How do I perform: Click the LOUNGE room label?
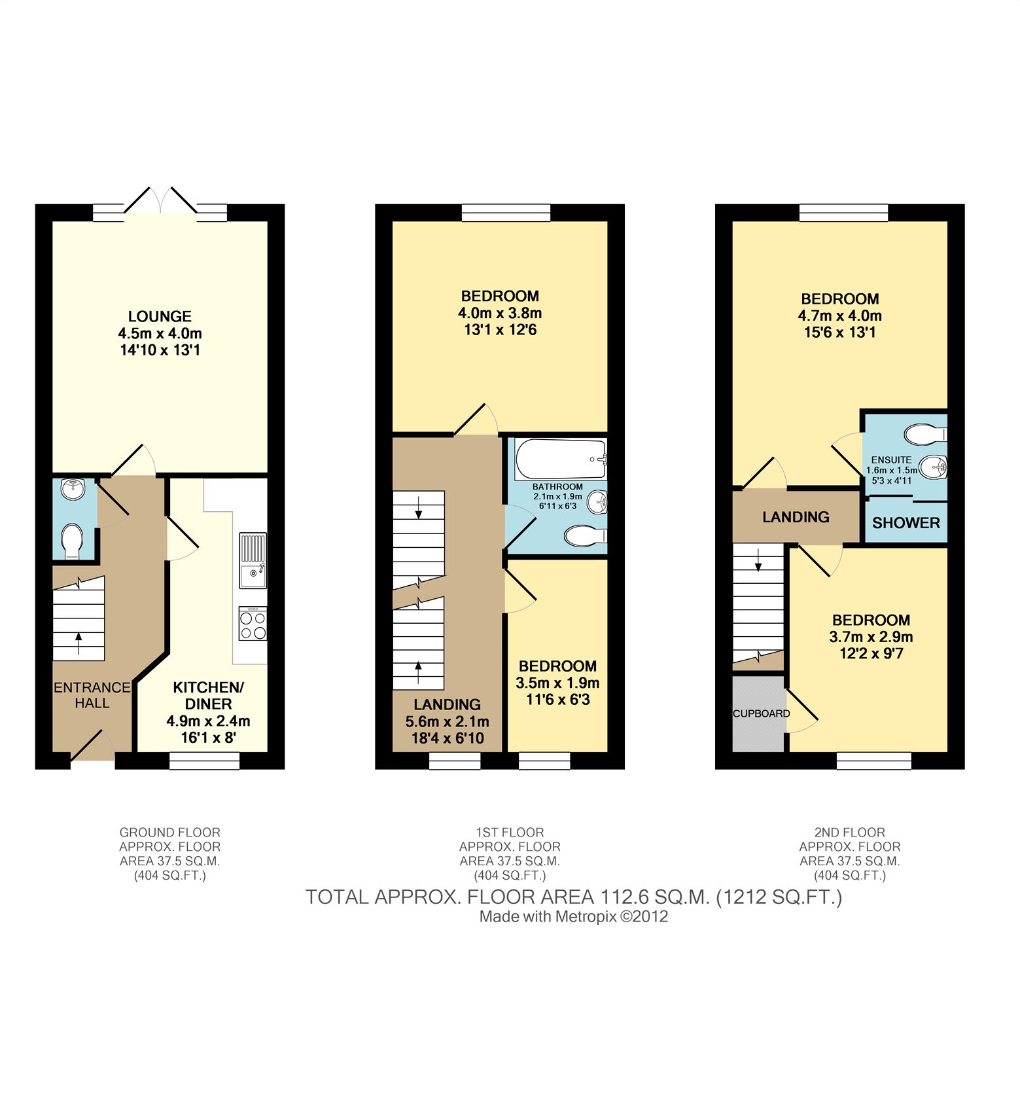160,316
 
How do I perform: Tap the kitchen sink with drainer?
253,561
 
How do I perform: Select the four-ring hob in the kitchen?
253,624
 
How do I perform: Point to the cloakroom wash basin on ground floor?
72,489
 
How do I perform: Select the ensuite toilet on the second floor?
926,433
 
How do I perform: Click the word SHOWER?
906,523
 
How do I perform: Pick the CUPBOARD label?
761,713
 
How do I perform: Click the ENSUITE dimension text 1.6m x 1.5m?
891,470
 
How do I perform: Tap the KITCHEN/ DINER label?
208,696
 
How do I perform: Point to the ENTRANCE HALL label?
92,695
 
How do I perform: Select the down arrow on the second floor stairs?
758,560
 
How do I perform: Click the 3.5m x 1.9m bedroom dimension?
557,683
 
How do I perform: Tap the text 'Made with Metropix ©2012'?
574,916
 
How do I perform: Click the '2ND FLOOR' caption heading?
850,833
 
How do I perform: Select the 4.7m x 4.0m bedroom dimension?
840,315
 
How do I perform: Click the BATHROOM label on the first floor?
557,487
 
